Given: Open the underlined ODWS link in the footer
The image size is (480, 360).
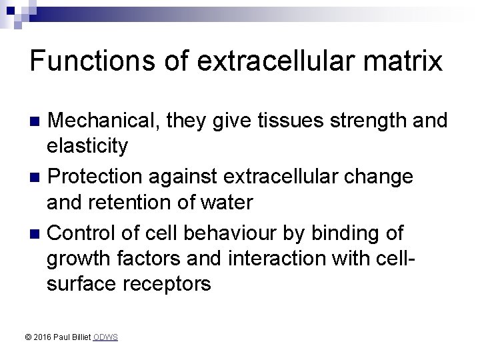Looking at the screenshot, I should click(x=105, y=338).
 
